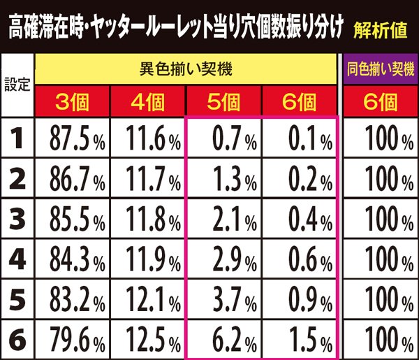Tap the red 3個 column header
[73, 102]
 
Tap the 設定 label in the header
[17, 87]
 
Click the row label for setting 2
[17, 179]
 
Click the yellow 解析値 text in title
[377, 29]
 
